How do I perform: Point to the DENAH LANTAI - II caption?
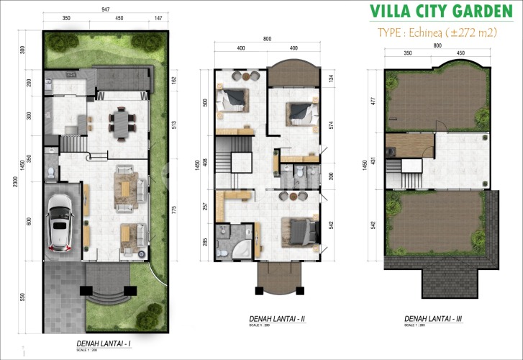pos(277,318)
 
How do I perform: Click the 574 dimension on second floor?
pos(332,125)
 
